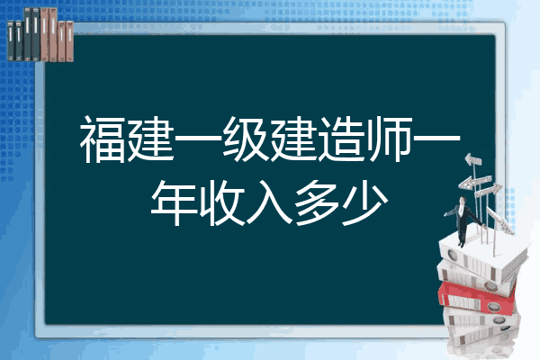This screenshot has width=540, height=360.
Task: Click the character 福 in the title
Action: (103, 139)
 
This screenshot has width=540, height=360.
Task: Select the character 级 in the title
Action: (246, 139)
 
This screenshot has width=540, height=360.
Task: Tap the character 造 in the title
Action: (341, 139)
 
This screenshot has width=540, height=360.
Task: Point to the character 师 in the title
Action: (389, 139)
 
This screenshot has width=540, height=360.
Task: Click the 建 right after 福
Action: (151, 139)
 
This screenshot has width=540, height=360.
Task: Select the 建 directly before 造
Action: (293, 139)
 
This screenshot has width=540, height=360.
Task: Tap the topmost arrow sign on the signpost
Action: (473, 160)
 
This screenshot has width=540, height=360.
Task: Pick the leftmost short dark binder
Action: (11, 41)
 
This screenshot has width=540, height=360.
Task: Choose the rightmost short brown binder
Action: (70, 41)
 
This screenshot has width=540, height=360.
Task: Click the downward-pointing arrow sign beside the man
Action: (499, 220)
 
